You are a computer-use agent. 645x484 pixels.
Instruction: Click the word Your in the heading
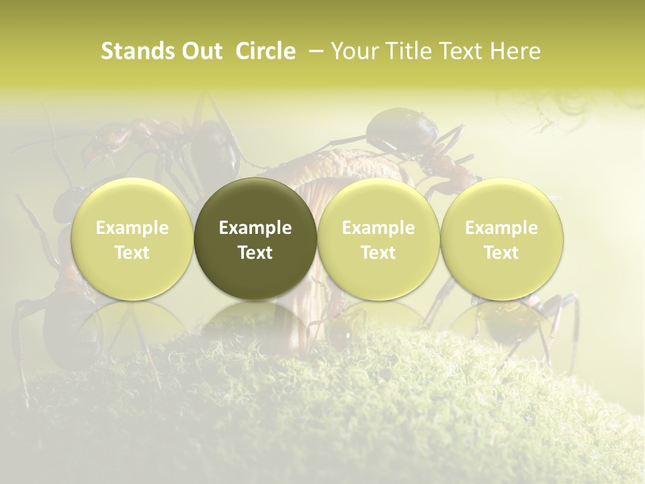[354, 51]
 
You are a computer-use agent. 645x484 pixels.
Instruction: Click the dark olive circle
[255, 202]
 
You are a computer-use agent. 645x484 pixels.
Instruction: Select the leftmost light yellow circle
[132, 202]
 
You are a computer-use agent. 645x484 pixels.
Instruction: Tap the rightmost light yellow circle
[501, 202]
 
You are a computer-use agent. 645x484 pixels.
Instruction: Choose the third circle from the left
[378, 202]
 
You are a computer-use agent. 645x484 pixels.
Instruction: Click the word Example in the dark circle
[255, 228]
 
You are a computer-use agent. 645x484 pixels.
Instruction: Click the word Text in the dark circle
[255, 253]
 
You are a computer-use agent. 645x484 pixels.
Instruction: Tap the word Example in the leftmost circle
[132, 228]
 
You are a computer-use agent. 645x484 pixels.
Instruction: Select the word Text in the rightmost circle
[501, 253]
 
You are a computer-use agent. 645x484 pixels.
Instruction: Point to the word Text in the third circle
[378, 253]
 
